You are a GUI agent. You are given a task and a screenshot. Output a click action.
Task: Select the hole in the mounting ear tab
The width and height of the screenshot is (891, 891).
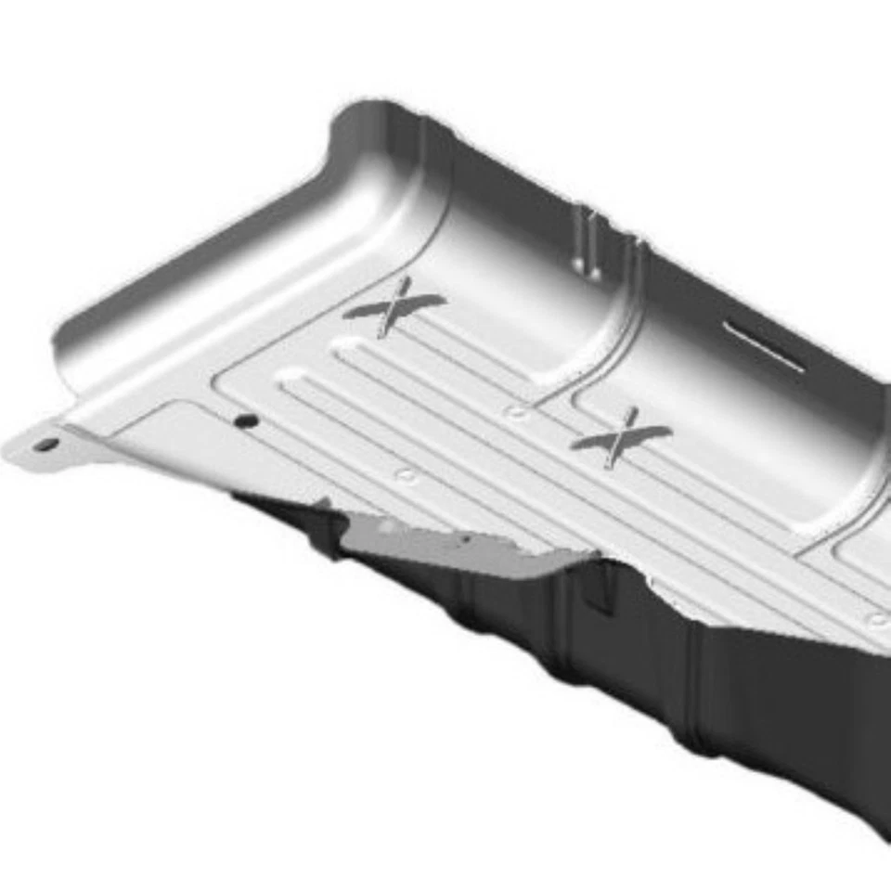(45, 445)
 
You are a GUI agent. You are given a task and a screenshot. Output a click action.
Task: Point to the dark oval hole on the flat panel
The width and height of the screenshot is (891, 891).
(246, 420)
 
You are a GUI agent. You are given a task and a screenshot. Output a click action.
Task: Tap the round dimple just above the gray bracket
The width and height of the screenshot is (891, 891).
(406, 475)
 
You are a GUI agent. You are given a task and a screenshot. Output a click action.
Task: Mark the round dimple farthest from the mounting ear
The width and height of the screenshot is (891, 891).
(875, 619)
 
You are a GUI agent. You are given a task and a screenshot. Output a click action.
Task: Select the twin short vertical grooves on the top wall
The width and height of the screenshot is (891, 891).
(587, 239)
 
